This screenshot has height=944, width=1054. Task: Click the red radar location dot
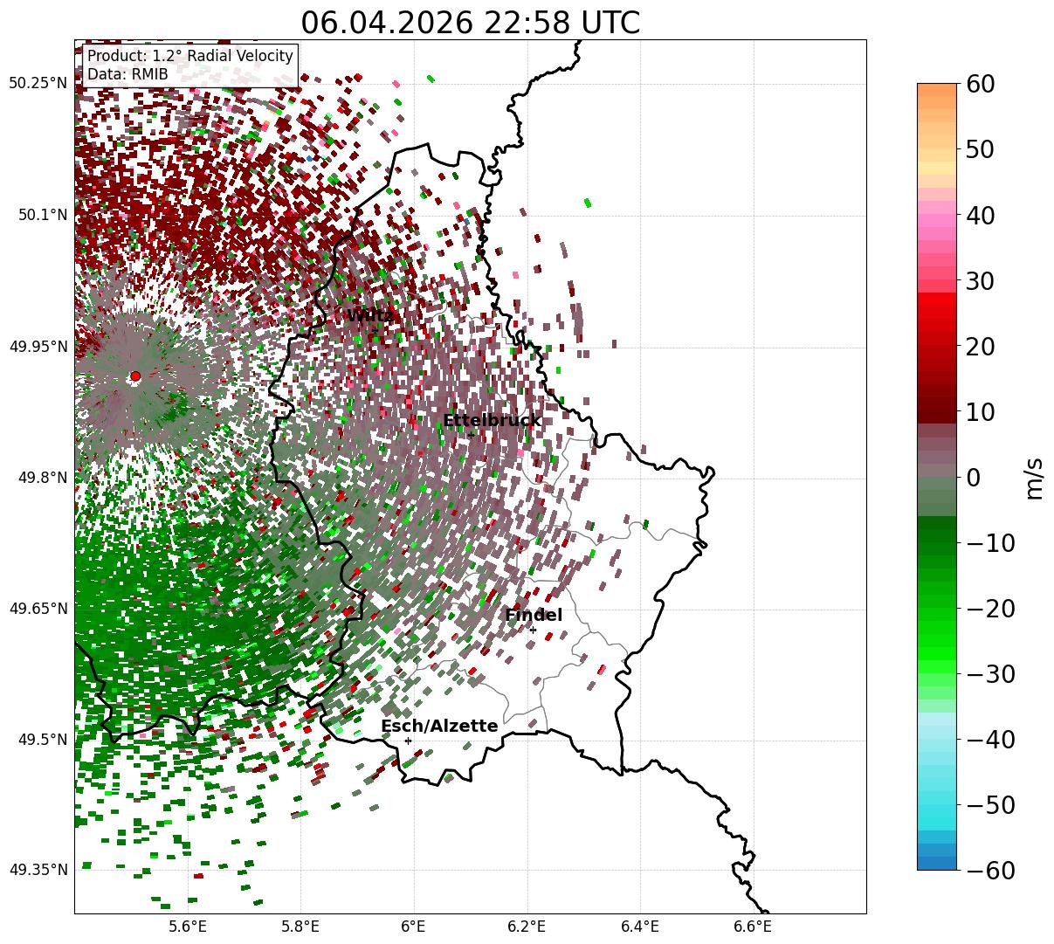135,376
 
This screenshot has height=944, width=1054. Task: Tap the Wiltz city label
370,315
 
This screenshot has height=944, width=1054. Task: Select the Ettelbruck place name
492,420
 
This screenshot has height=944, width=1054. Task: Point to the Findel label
534,615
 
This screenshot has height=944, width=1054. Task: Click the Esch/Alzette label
439,726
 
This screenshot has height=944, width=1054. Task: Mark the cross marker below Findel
533,630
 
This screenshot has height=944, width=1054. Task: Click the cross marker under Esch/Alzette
408,741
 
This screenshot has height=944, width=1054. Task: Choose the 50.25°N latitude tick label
38,83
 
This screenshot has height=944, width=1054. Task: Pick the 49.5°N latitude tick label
43,740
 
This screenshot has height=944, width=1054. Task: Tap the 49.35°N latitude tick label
38,870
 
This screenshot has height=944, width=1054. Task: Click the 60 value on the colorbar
980,84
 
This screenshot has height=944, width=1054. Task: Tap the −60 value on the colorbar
990,870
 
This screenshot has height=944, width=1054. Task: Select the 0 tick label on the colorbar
974,477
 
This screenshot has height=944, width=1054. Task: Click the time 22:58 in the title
527,23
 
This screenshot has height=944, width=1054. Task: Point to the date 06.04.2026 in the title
388,23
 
